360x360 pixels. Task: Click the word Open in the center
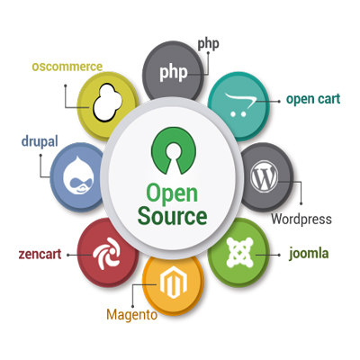(172, 194)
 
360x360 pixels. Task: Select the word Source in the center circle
(172, 216)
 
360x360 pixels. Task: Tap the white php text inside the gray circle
(174, 72)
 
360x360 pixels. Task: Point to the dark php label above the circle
(208, 45)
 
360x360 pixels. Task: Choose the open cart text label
(313, 100)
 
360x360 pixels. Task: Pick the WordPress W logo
(265, 176)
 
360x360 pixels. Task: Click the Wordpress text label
(301, 219)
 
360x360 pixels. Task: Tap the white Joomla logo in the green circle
(239, 252)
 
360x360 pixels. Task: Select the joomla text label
(309, 254)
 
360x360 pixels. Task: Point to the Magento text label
(132, 315)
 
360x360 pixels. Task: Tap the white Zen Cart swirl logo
(107, 253)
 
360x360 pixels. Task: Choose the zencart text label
(40, 254)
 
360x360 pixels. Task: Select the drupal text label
(40, 142)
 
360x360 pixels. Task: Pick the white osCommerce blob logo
(108, 103)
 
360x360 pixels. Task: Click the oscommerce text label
(67, 67)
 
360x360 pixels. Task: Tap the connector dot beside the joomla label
(279, 255)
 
